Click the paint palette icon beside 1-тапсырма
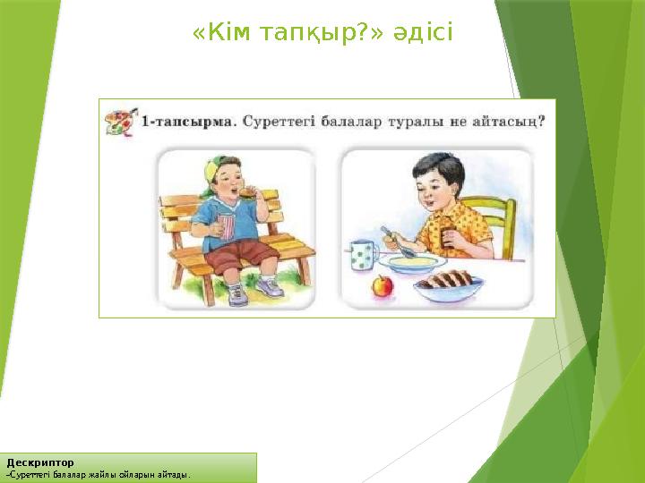click(x=120, y=121)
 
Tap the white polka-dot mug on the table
click(x=360, y=255)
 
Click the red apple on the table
click(x=383, y=287)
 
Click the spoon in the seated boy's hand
click(x=394, y=241)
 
